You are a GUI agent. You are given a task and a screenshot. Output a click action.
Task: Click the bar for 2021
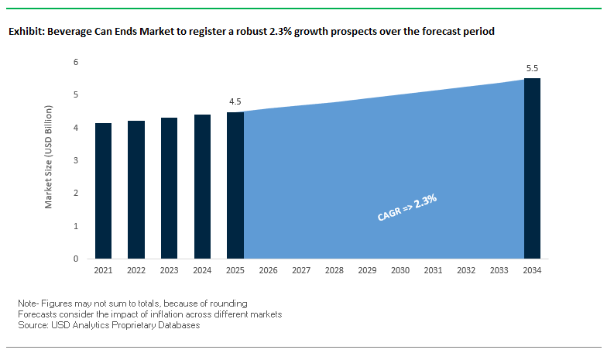tap(104, 190)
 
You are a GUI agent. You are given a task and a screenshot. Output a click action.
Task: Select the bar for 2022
tap(136, 190)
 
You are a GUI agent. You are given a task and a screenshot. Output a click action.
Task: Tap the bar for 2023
tap(170, 188)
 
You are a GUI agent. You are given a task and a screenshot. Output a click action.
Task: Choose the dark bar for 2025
tap(235, 185)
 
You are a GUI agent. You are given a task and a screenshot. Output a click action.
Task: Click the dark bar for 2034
tap(532, 168)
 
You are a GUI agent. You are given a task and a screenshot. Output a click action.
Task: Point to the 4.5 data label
tap(235, 101)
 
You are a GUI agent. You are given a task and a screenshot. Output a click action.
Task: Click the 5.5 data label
tap(532, 69)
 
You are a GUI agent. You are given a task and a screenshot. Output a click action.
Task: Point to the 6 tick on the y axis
tap(76, 62)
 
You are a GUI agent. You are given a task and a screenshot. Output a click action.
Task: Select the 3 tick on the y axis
tap(76, 160)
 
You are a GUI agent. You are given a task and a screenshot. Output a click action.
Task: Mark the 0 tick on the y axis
tap(76, 259)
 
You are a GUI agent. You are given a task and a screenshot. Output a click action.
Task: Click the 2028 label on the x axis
tap(334, 270)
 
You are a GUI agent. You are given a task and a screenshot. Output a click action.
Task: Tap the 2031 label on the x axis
tap(433, 270)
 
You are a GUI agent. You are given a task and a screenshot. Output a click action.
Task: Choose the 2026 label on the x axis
tap(269, 270)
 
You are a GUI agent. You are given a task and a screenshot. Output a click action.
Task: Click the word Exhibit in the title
tap(24, 33)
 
